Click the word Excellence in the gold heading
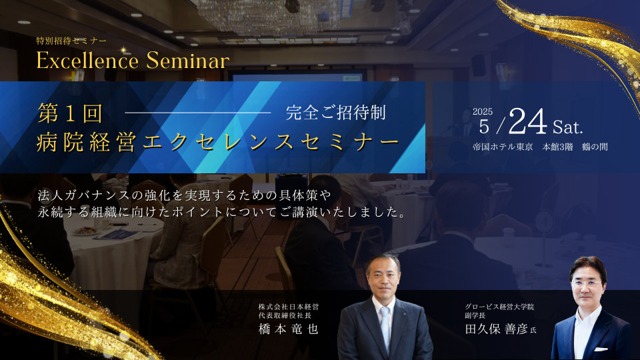[x=87, y=61]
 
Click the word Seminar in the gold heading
[x=188, y=61]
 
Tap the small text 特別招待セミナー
[x=71, y=41]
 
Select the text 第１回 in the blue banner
[x=70, y=113]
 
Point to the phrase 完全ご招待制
[x=335, y=113]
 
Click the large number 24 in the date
[x=527, y=121]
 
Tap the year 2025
[x=483, y=111]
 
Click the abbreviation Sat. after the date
[x=568, y=127]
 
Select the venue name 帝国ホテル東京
[x=503, y=147]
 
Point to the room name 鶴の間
[x=595, y=147]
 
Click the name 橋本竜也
[x=288, y=329]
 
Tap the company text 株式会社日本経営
[x=289, y=307]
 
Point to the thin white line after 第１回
[x=198, y=112]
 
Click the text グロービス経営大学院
[x=499, y=307]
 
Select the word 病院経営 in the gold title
[x=87, y=143]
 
